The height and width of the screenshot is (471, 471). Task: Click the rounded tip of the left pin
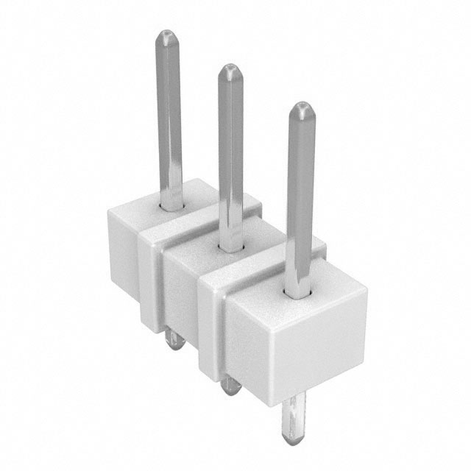tap(169, 37)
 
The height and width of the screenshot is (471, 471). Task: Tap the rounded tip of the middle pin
tap(230, 72)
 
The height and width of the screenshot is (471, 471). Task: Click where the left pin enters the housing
tap(171, 207)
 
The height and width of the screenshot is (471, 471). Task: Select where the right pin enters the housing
tap(300, 294)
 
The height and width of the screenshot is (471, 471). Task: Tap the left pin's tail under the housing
tap(174, 339)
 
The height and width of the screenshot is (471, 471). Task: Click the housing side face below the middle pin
tap(180, 294)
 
